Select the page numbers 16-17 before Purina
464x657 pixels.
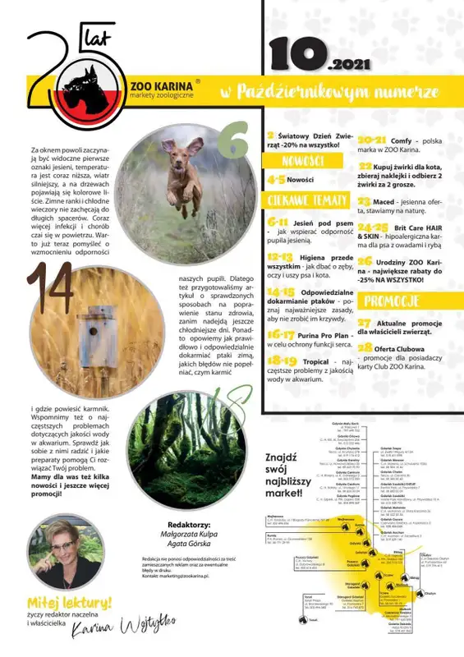(281, 334)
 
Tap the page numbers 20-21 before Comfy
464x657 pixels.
(372, 140)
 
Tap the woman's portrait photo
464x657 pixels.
(67, 550)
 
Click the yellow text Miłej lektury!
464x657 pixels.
(70, 603)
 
